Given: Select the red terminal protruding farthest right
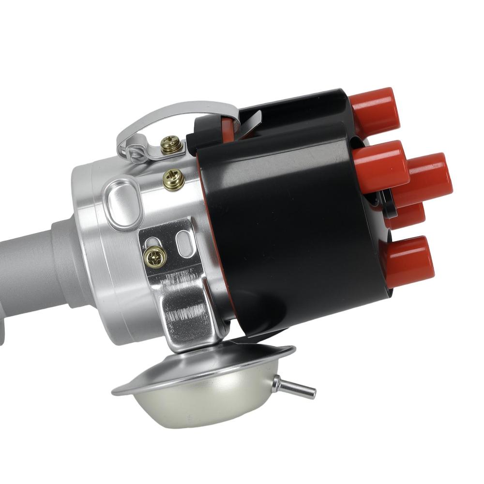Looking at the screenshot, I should coord(428,179).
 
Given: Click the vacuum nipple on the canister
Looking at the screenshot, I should coord(295,387).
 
